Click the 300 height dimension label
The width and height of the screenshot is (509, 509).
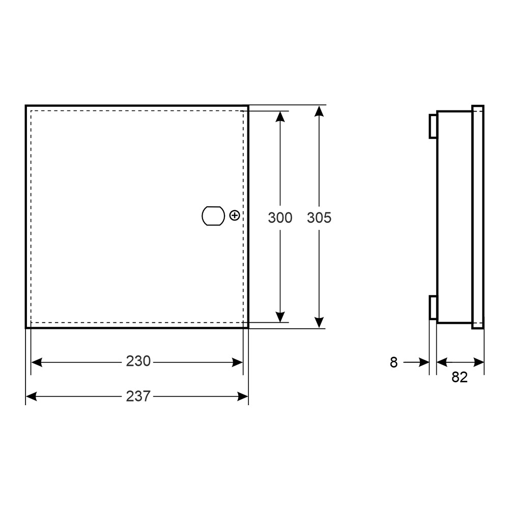pyautogui.click(x=280, y=217)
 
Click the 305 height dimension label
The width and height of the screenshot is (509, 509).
pyautogui.click(x=319, y=217)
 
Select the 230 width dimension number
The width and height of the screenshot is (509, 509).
pyautogui.click(x=138, y=361)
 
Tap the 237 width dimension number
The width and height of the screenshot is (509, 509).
pyautogui.click(x=138, y=396)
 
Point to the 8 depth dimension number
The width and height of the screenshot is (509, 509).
pyautogui.click(x=393, y=362)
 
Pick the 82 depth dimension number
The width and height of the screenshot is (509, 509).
pyautogui.click(x=459, y=377)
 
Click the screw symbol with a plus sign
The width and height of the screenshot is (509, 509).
pyautogui.click(x=234, y=215)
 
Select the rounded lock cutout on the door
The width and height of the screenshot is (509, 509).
pyautogui.click(x=213, y=216)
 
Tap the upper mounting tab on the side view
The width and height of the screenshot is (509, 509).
pyautogui.click(x=433, y=126)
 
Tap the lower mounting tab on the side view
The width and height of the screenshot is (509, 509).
pyautogui.click(x=433, y=307)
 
